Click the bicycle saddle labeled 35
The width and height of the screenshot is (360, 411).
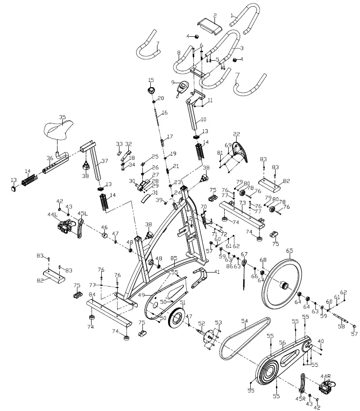(x=61, y=130)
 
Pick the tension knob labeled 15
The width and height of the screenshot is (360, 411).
(x=152, y=90)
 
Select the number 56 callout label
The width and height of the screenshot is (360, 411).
(x=283, y=342)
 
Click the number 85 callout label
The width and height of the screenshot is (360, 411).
(x=174, y=258)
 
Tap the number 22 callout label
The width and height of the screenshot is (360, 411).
(x=237, y=134)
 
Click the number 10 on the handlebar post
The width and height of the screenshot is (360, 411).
(x=203, y=119)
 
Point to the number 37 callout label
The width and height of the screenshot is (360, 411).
(x=105, y=161)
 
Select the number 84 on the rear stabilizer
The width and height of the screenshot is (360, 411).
(x=92, y=295)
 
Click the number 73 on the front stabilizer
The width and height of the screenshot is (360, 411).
(x=242, y=202)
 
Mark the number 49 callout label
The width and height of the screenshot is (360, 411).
(x=142, y=295)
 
